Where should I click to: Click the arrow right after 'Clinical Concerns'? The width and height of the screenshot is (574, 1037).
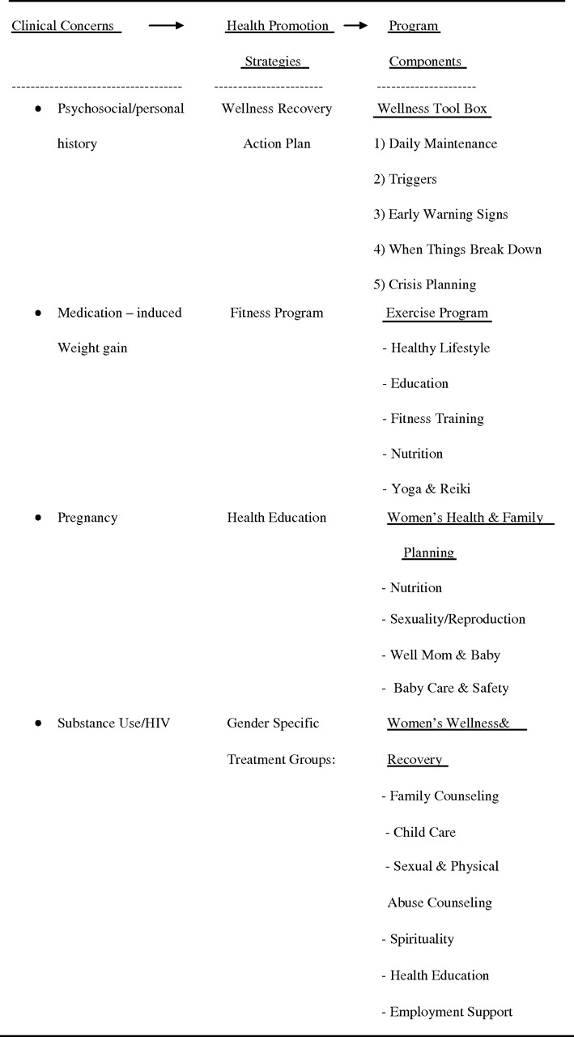(x=166, y=26)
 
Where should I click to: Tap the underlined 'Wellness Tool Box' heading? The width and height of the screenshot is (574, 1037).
(x=432, y=109)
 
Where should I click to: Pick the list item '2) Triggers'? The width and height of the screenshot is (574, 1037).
(x=405, y=179)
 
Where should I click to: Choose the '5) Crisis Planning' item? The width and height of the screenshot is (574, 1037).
(x=424, y=285)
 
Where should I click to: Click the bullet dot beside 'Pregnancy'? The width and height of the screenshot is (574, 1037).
(x=38, y=518)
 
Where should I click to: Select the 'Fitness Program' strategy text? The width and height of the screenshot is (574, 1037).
(x=276, y=313)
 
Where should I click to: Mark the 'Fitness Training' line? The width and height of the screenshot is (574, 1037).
(x=436, y=419)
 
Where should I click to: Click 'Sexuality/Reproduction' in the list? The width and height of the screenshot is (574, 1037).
(x=457, y=620)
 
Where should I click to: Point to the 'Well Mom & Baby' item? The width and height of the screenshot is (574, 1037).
(x=444, y=655)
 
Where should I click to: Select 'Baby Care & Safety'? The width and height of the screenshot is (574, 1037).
(x=451, y=689)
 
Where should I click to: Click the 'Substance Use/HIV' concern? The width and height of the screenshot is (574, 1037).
(x=113, y=723)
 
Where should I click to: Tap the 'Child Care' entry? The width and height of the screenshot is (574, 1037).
(x=424, y=833)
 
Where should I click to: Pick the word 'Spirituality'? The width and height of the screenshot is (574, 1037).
(x=422, y=940)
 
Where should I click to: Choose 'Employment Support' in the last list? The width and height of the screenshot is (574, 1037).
(x=451, y=1012)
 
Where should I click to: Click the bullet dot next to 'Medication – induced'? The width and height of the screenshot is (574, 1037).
(x=38, y=313)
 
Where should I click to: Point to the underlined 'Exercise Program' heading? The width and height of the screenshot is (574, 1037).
(x=437, y=313)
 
